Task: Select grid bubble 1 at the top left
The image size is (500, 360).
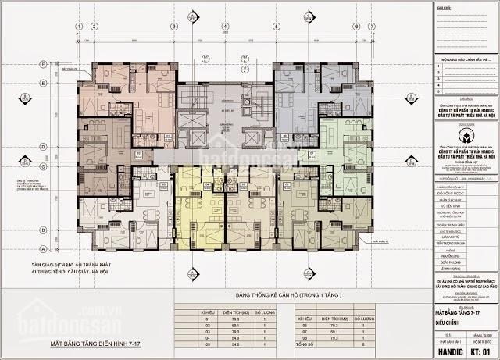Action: [x=80, y=26]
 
